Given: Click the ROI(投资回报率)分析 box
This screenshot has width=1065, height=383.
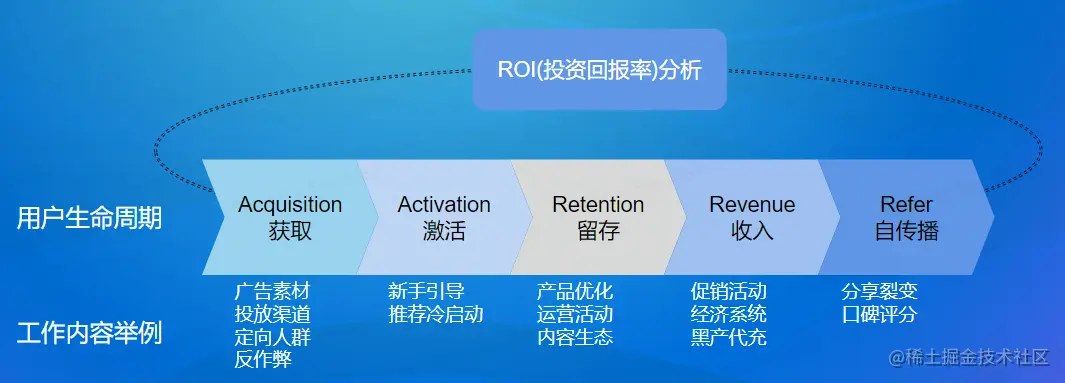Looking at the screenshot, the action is [600, 69].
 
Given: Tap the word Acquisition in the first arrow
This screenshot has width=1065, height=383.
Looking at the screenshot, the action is [290, 204].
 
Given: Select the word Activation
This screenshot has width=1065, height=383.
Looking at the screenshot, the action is [444, 204].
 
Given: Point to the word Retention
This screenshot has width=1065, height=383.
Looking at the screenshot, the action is [598, 204].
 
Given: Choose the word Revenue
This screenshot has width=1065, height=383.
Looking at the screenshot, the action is [752, 204].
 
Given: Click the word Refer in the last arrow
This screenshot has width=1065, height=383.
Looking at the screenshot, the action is [907, 204].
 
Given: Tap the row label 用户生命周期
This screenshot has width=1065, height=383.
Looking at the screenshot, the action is [90, 219].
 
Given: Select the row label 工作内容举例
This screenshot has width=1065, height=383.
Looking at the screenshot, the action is [90, 334].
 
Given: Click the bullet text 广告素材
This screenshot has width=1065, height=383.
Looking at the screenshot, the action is [272, 292].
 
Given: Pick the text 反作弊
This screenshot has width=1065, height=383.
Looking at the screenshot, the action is [263, 359].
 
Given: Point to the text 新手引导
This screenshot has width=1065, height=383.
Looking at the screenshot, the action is [427, 292].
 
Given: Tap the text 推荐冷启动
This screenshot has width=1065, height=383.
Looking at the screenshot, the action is [436, 314].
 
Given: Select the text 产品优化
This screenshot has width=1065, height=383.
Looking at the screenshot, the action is [575, 292].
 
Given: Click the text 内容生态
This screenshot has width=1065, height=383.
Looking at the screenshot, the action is [575, 337].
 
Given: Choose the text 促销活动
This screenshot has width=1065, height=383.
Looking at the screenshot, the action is [729, 292].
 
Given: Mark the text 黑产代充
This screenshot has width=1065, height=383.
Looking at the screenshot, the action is [729, 337].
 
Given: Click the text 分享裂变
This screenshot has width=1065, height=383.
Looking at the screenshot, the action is [880, 292].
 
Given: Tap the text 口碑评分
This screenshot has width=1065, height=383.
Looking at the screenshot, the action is [880, 314].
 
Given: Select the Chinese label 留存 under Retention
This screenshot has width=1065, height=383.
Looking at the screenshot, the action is [598, 232].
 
